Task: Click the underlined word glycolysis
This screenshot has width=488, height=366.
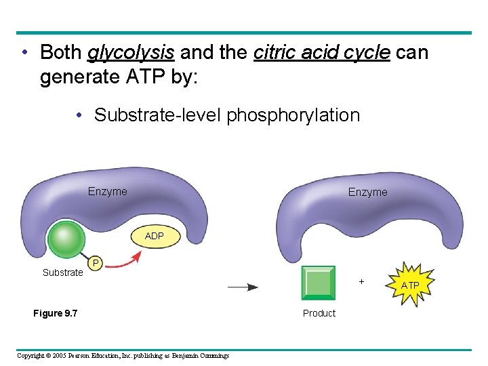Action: [131, 53]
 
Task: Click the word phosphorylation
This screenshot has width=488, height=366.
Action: [293, 115]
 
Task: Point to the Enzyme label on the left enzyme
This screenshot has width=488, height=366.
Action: [107, 192]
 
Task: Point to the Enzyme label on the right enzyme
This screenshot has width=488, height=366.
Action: [367, 192]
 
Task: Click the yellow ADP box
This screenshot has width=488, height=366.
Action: [154, 236]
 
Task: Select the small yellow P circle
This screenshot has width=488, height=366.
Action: [96, 262]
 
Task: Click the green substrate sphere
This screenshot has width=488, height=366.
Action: [66, 239]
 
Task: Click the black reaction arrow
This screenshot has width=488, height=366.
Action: [242, 287]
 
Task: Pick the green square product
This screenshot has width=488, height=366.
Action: [319, 283]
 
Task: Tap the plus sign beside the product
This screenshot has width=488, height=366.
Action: [361, 281]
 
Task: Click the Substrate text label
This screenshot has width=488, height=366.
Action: [62, 272]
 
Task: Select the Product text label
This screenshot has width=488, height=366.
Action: [319, 313]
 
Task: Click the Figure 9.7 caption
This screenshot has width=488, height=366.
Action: [55, 313]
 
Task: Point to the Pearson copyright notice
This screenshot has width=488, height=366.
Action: [123, 356]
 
